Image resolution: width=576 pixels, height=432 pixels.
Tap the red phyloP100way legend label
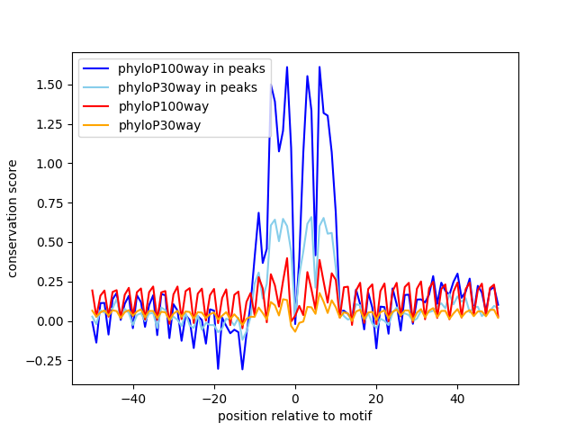pos(163,106)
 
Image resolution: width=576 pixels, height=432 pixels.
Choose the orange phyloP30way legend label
pos(159,125)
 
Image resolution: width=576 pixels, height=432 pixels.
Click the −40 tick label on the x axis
pos(133,398)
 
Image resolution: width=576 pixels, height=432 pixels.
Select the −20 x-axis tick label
pos(214,398)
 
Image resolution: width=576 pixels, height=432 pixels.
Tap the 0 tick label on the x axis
pos(295,398)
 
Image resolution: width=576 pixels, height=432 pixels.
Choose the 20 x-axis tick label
pos(376,398)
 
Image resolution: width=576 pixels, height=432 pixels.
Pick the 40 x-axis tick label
pos(457,398)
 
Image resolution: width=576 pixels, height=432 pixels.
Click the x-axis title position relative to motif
pos(295,416)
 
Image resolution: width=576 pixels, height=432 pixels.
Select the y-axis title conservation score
pos(13,219)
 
